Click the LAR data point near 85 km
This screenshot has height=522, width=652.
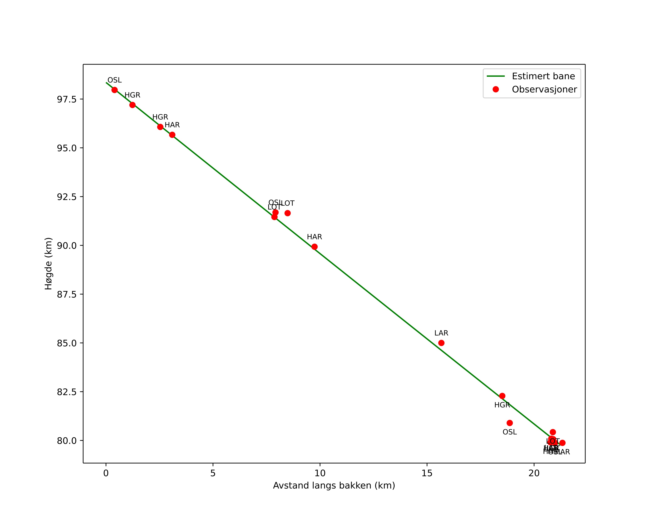click(x=441, y=343)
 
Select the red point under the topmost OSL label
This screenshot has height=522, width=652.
click(x=115, y=90)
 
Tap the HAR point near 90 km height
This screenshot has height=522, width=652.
click(x=314, y=247)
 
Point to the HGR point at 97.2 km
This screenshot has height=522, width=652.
click(x=132, y=105)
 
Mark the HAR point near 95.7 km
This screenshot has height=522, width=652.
click(x=172, y=135)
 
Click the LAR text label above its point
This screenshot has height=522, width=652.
click(x=441, y=333)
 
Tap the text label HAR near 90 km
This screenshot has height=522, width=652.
click(x=314, y=237)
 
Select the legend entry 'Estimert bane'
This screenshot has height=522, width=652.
click(x=543, y=76)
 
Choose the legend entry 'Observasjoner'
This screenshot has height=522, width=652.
click(x=544, y=89)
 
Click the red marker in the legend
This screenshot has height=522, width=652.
click(x=496, y=89)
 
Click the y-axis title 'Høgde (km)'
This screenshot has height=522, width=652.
click(x=48, y=264)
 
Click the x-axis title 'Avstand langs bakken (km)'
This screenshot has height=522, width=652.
click(x=334, y=486)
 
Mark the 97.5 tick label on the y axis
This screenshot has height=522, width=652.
click(x=67, y=99)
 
